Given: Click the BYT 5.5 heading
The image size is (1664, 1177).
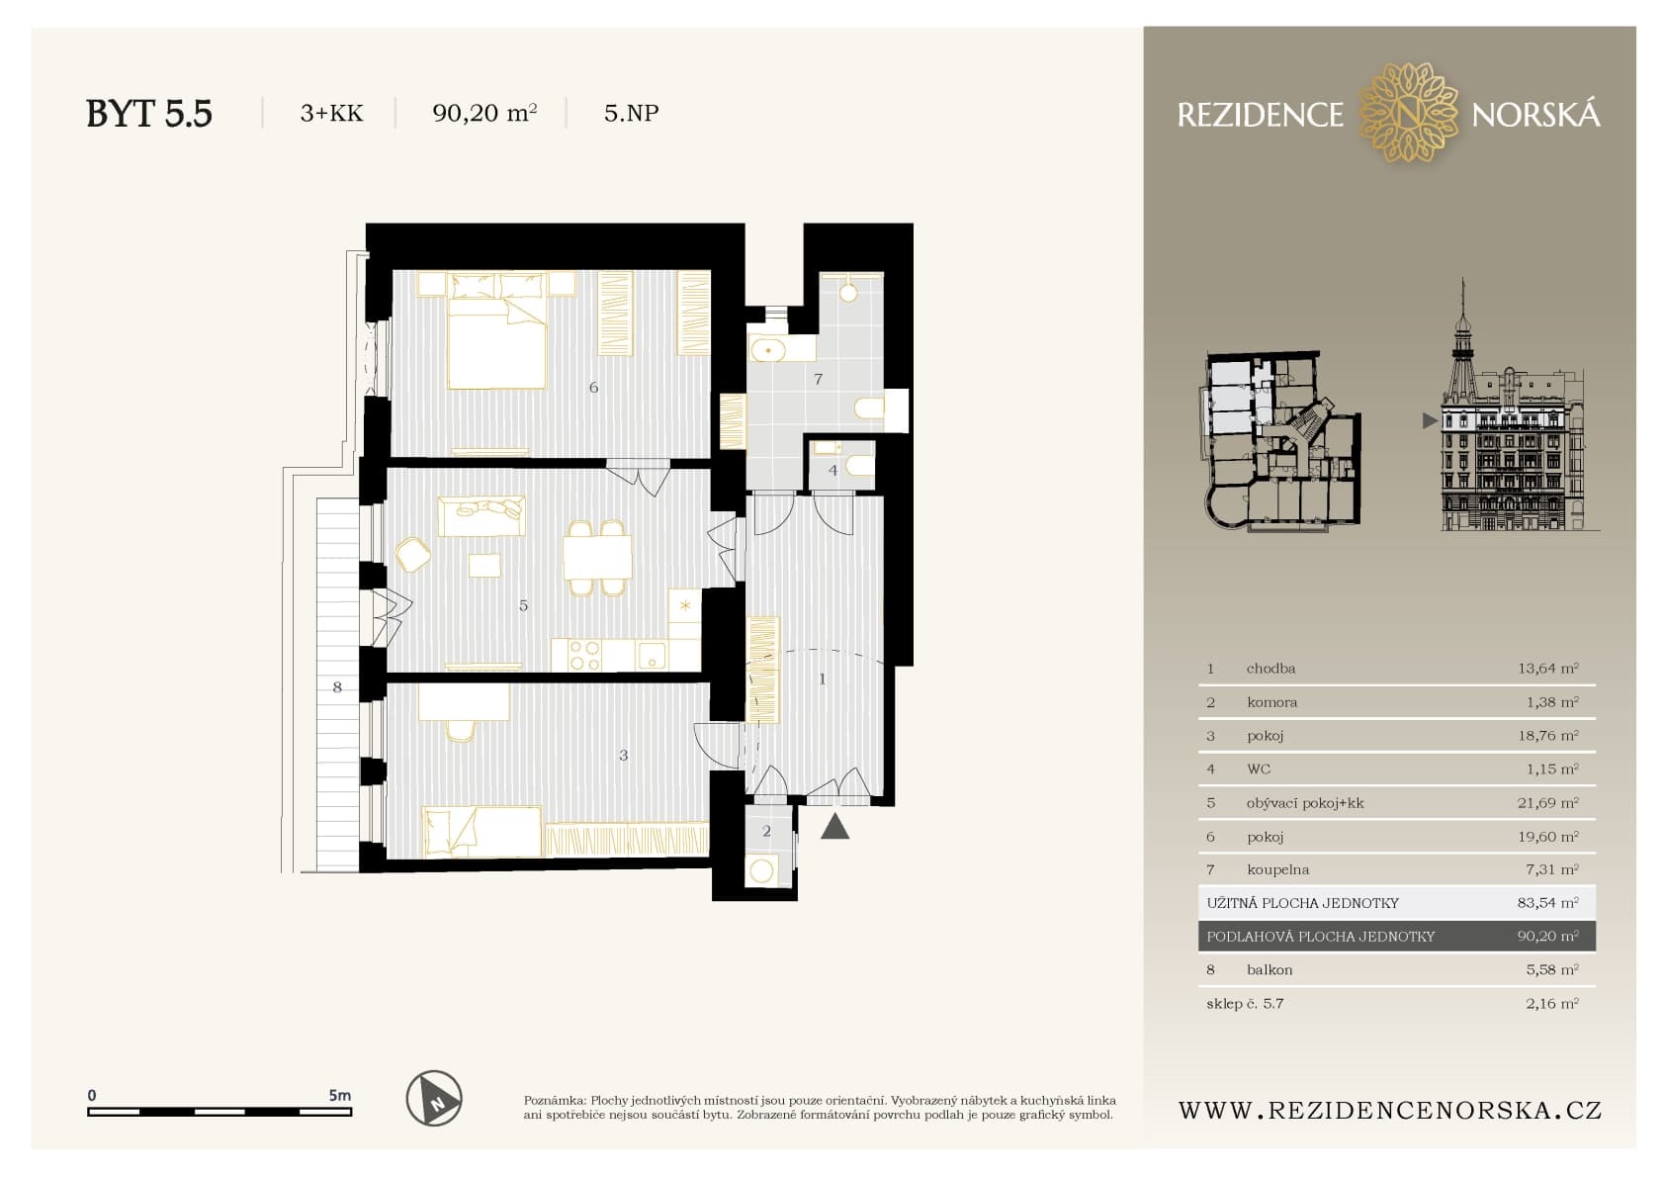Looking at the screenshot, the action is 149,114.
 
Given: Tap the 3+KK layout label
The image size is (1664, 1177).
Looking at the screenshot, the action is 331,113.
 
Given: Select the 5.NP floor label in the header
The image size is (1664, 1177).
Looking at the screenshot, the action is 632,113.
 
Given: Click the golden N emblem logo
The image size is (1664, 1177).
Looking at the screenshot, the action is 1408,113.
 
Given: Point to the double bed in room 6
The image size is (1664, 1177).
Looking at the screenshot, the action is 497,331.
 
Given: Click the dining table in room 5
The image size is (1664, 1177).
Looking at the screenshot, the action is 597,557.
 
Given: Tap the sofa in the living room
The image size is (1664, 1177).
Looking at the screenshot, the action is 482,515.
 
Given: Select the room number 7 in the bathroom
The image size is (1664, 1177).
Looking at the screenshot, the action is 818,379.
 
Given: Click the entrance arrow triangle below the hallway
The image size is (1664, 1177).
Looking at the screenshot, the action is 835,826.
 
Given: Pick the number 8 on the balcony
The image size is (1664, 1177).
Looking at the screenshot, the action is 337,687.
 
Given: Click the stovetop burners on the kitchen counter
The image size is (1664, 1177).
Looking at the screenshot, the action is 584,656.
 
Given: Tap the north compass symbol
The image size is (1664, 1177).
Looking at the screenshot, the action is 434,1098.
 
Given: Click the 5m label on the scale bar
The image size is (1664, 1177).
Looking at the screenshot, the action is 339,1095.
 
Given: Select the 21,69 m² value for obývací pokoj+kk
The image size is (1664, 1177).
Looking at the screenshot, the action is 1547,802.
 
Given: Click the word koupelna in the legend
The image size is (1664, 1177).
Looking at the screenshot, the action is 1277,870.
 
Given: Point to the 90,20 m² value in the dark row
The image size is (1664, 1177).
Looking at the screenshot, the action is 1547,937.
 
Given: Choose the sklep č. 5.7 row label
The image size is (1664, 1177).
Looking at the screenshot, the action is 1245,1004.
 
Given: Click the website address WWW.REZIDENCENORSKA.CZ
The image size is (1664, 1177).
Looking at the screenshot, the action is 1389,1111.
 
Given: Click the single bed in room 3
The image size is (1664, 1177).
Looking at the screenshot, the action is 482,832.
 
